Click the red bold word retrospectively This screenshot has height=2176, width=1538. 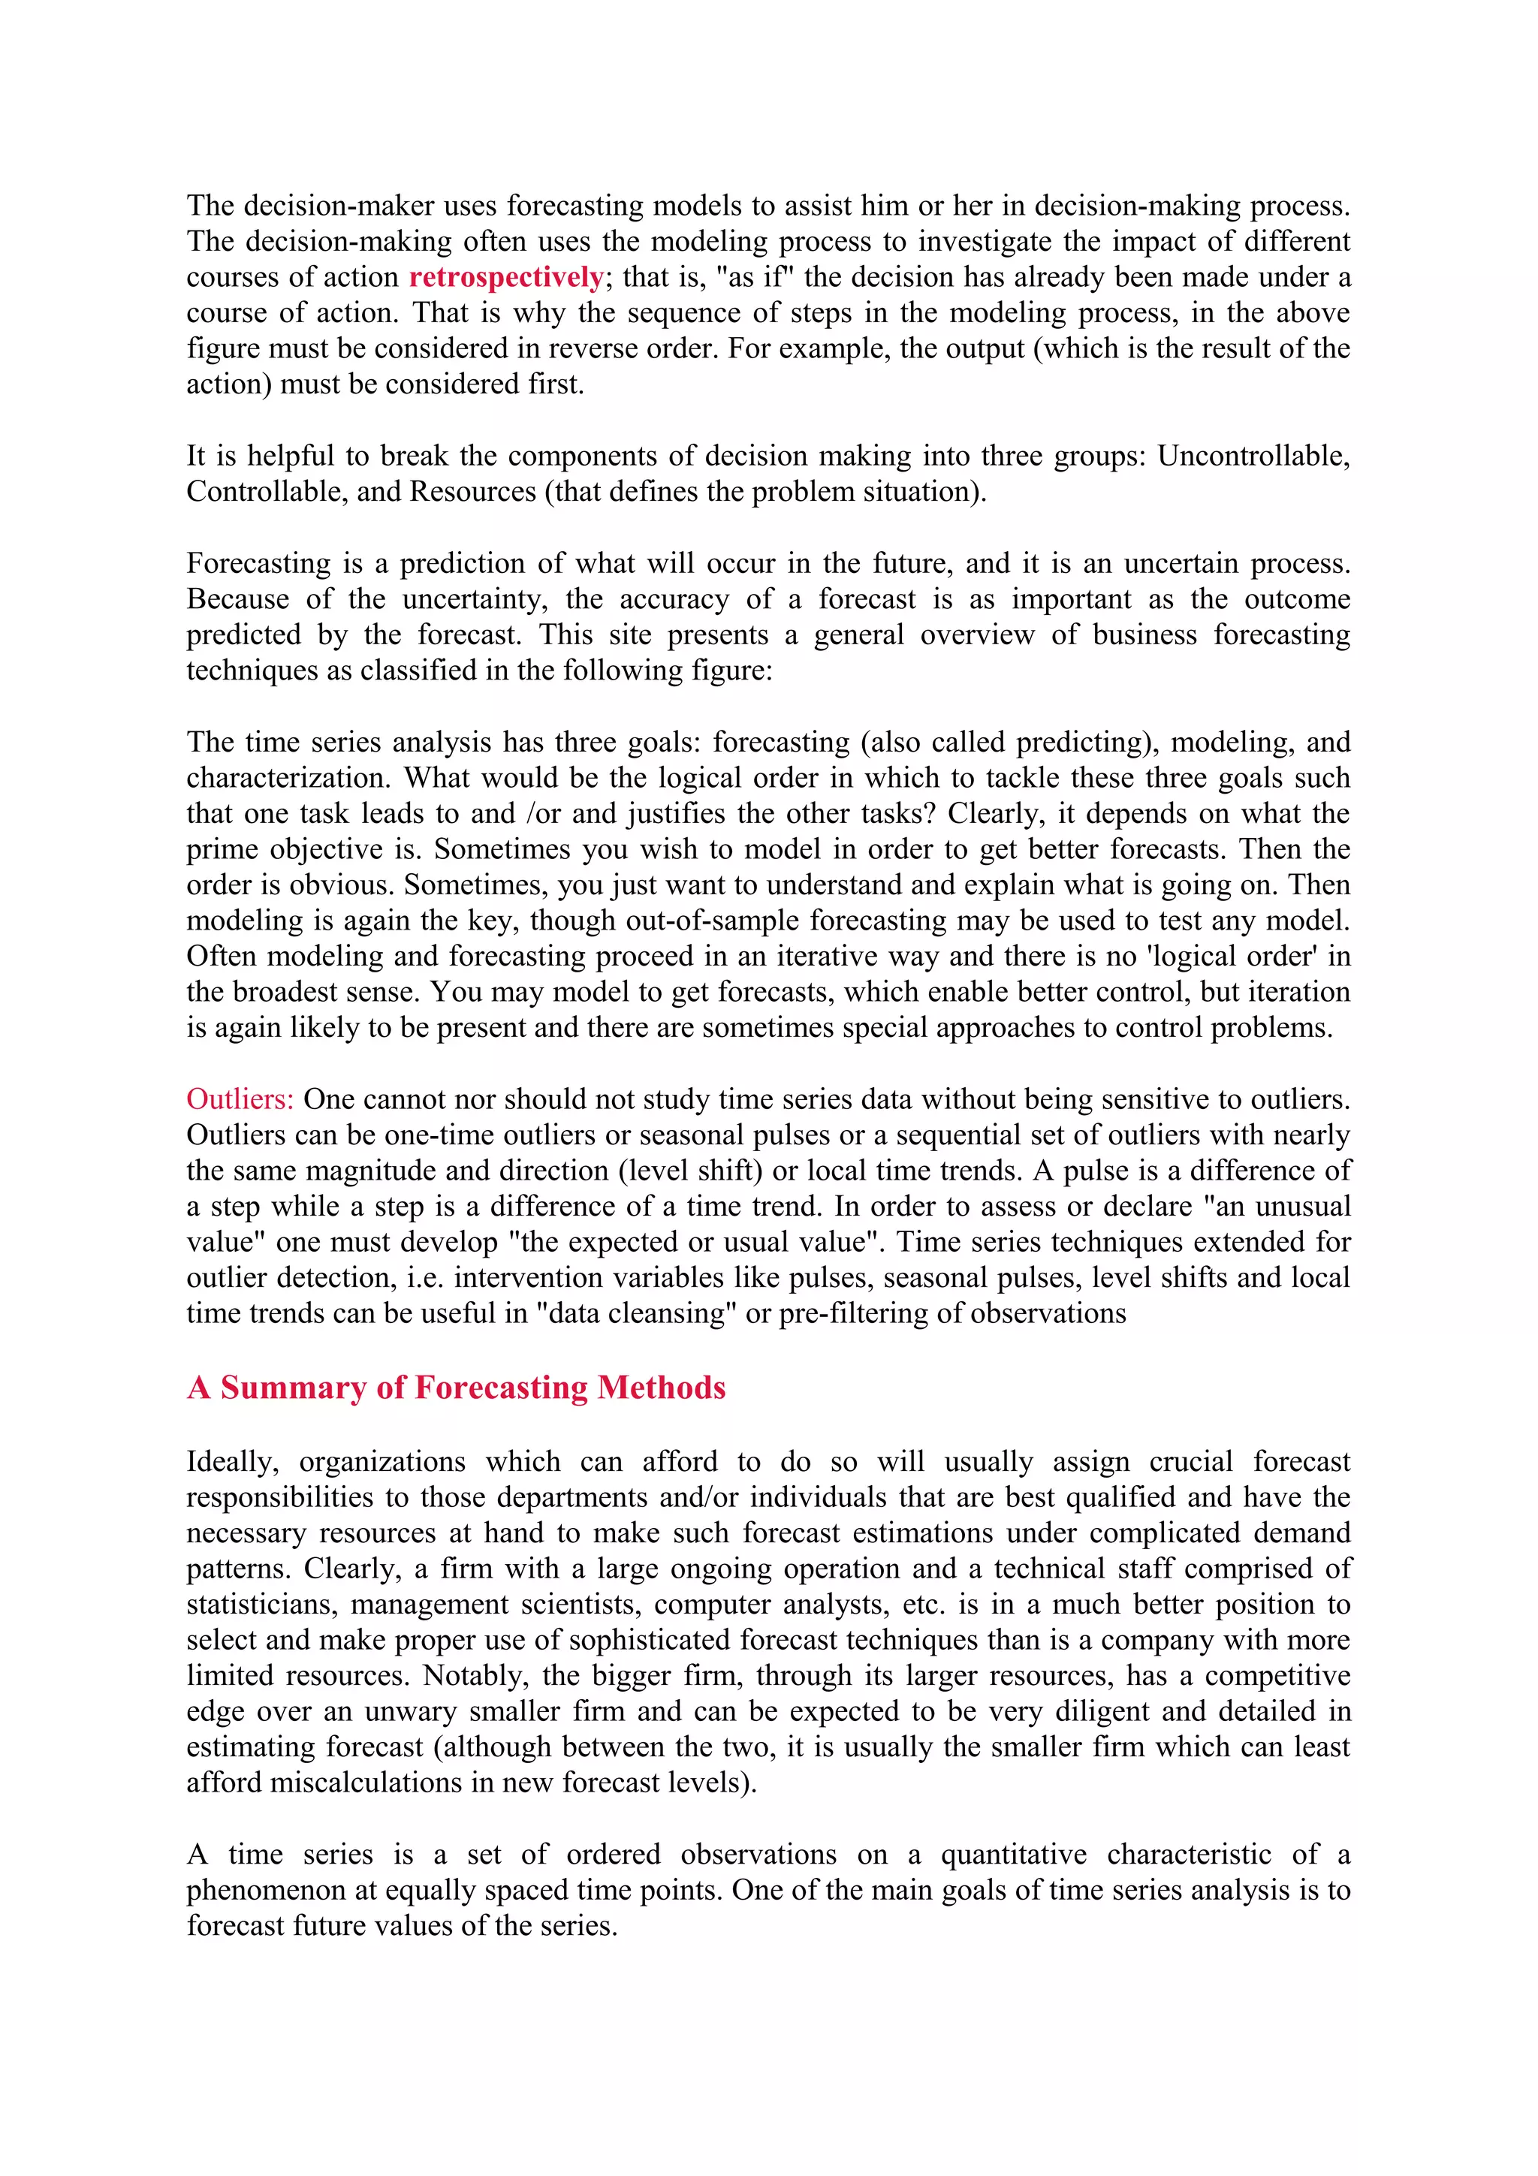(x=506, y=278)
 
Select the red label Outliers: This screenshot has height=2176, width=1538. (x=240, y=1099)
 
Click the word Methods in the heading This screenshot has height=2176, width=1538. (x=662, y=1388)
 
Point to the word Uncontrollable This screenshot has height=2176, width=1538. (x=1253, y=456)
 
